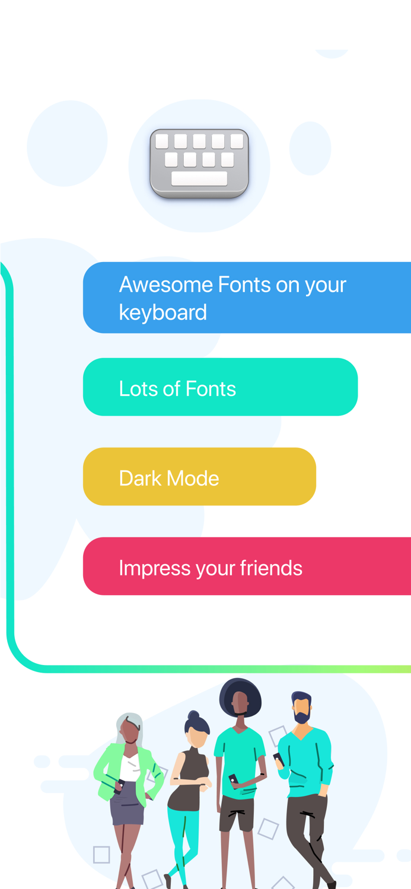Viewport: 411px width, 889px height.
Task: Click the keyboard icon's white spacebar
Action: click(199, 178)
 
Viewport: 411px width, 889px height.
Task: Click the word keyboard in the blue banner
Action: click(163, 312)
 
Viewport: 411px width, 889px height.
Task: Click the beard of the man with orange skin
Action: click(302, 718)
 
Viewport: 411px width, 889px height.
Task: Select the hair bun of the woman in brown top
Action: click(193, 715)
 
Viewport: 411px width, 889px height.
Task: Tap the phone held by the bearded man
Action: click(278, 758)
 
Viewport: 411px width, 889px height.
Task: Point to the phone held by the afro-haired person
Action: click(234, 779)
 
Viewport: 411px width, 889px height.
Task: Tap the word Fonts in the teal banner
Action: click(211, 389)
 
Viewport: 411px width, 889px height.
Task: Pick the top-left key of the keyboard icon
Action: click(161, 141)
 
